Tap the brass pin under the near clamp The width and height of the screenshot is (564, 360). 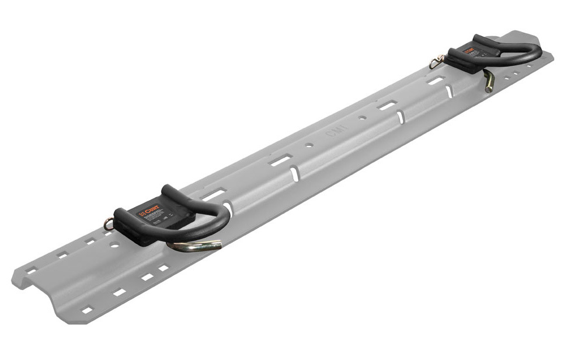tap(195, 246)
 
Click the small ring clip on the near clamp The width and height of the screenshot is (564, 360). tap(107, 222)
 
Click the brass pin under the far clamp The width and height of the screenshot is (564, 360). tap(489, 81)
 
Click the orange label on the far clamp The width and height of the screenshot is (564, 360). tap(469, 50)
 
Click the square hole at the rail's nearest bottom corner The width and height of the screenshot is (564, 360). tap(87, 310)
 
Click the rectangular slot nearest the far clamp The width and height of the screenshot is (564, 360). tap(434, 81)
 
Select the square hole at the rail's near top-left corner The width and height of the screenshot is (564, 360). tap(30, 270)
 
